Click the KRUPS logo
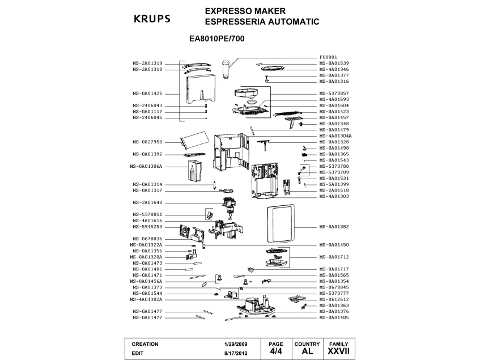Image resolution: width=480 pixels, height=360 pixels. click(x=151, y=18)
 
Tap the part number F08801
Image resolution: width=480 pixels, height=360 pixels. click(x=329, y=57)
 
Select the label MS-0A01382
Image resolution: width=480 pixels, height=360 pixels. click(x=334, y=226)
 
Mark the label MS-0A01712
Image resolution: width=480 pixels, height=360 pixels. click(x=334, y=257)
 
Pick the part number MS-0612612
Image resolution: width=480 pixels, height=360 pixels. click(x=334, y=299)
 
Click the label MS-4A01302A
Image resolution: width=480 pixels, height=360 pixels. click(x=146, y=299)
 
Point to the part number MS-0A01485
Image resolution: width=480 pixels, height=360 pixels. click(x=334, y=317)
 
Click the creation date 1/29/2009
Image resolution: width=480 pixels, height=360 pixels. click(x=236, y=344)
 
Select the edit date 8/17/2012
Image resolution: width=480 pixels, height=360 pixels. click(x=236, y=352)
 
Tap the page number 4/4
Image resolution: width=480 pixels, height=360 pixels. click(x=276, y=351)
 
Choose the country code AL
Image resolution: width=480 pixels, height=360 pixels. click(x=308, y=351)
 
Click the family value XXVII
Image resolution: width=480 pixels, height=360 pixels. click(x=339, y=351)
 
